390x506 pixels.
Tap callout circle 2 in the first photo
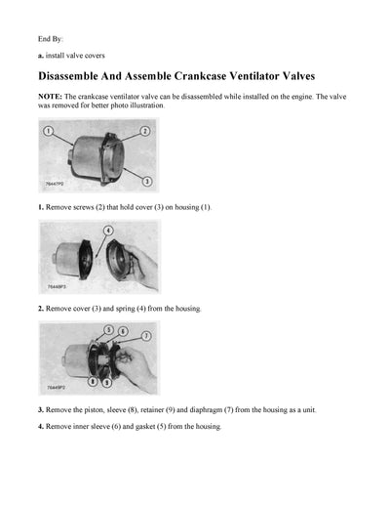click(x=144, y=130)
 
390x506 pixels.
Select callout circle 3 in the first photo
click(x=145, y=181)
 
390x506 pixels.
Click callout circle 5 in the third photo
click(x=110, y=330)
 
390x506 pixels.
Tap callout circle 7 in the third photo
click(x=146, y=335)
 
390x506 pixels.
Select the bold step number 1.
click(x=41, y=207)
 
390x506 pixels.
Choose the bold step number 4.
click(x=41, y=427)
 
